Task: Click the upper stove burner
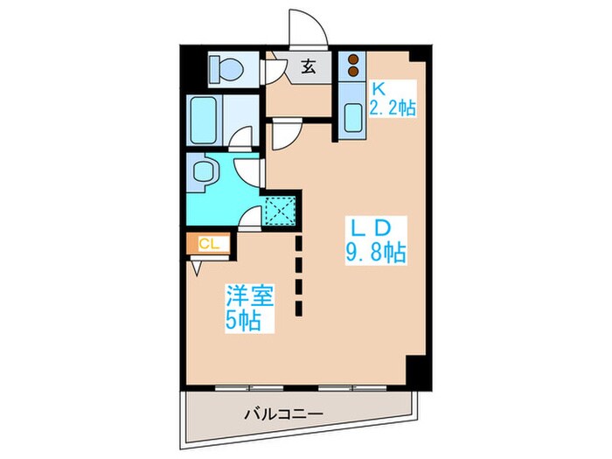[353, 60]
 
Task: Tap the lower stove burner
[353, 73]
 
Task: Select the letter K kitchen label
[379, 87]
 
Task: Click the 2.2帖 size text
[393, 107]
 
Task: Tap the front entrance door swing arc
[311, 24]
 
